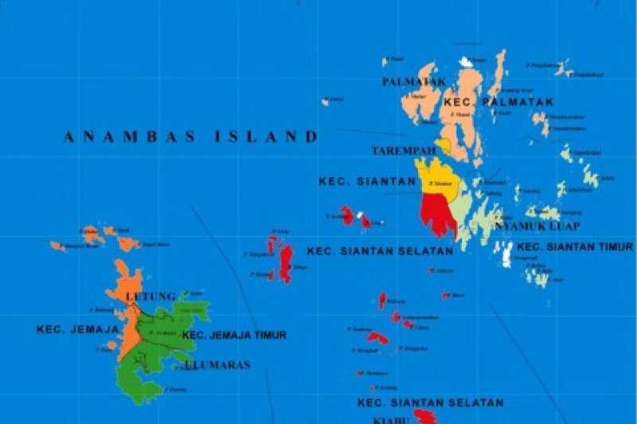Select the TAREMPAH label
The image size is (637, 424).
click(x=404, y=150)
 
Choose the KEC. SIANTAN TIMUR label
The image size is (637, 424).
click(x=575, y=247)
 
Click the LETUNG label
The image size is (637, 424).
click(x=150, y=297)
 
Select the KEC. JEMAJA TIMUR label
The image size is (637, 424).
click(x=234, y=336)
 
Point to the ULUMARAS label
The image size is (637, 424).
click(x=217, y=365)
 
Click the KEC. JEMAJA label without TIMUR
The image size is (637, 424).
click(x=77, y=329)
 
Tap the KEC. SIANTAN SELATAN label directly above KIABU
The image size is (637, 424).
click(x=430, y=403)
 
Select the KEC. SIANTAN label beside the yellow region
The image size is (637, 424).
click(x=367, y=181)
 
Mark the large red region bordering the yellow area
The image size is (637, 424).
click(x=438, y=213)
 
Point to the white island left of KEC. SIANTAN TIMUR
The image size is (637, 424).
click(x=507, y=255)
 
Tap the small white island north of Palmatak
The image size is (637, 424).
click(x=466, y=61)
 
